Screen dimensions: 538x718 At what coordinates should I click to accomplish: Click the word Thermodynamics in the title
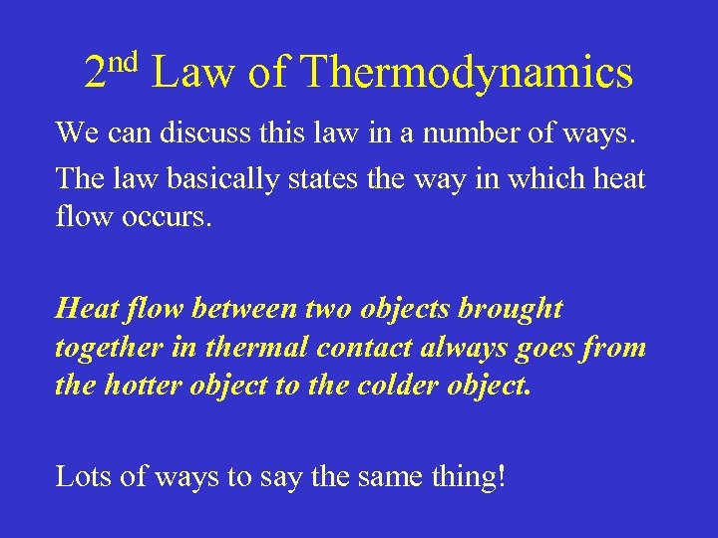click(x=466, y=74)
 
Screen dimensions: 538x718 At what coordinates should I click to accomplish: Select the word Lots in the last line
click(x=82, y=477)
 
